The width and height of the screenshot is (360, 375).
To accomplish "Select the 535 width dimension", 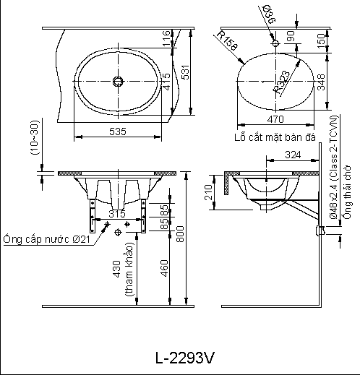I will (118, 132).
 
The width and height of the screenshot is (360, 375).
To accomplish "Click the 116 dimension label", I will (166, 47).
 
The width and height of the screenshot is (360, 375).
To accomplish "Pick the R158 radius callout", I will (226, 41).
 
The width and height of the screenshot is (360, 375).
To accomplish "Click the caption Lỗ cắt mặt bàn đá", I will (276, 137).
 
